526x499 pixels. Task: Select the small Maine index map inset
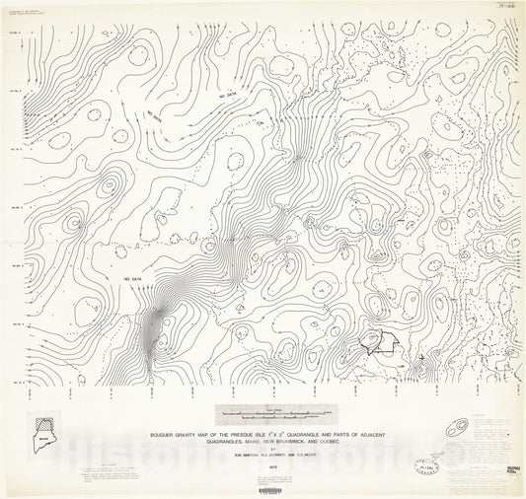(43, 424)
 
